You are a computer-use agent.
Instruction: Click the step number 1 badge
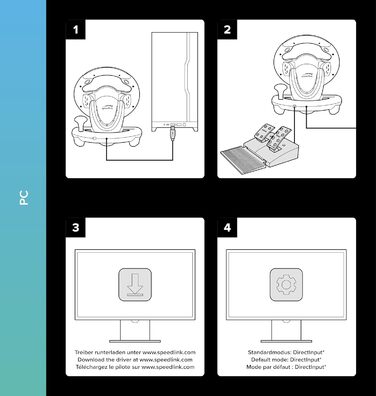75,29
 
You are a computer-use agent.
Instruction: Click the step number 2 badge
227,29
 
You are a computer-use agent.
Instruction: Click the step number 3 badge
75,227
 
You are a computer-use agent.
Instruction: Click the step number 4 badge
227,227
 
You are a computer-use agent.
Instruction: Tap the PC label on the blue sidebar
24,198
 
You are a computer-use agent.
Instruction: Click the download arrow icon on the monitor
135,284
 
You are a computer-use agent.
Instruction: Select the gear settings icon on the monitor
286,284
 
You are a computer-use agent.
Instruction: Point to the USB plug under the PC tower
173,133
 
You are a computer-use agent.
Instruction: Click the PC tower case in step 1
175,82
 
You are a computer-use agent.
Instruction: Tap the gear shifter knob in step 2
279,88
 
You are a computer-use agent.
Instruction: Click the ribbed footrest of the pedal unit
244,156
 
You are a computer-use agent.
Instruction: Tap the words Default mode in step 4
269,360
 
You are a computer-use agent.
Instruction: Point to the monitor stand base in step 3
135,341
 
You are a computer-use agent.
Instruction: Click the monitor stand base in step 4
286,341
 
